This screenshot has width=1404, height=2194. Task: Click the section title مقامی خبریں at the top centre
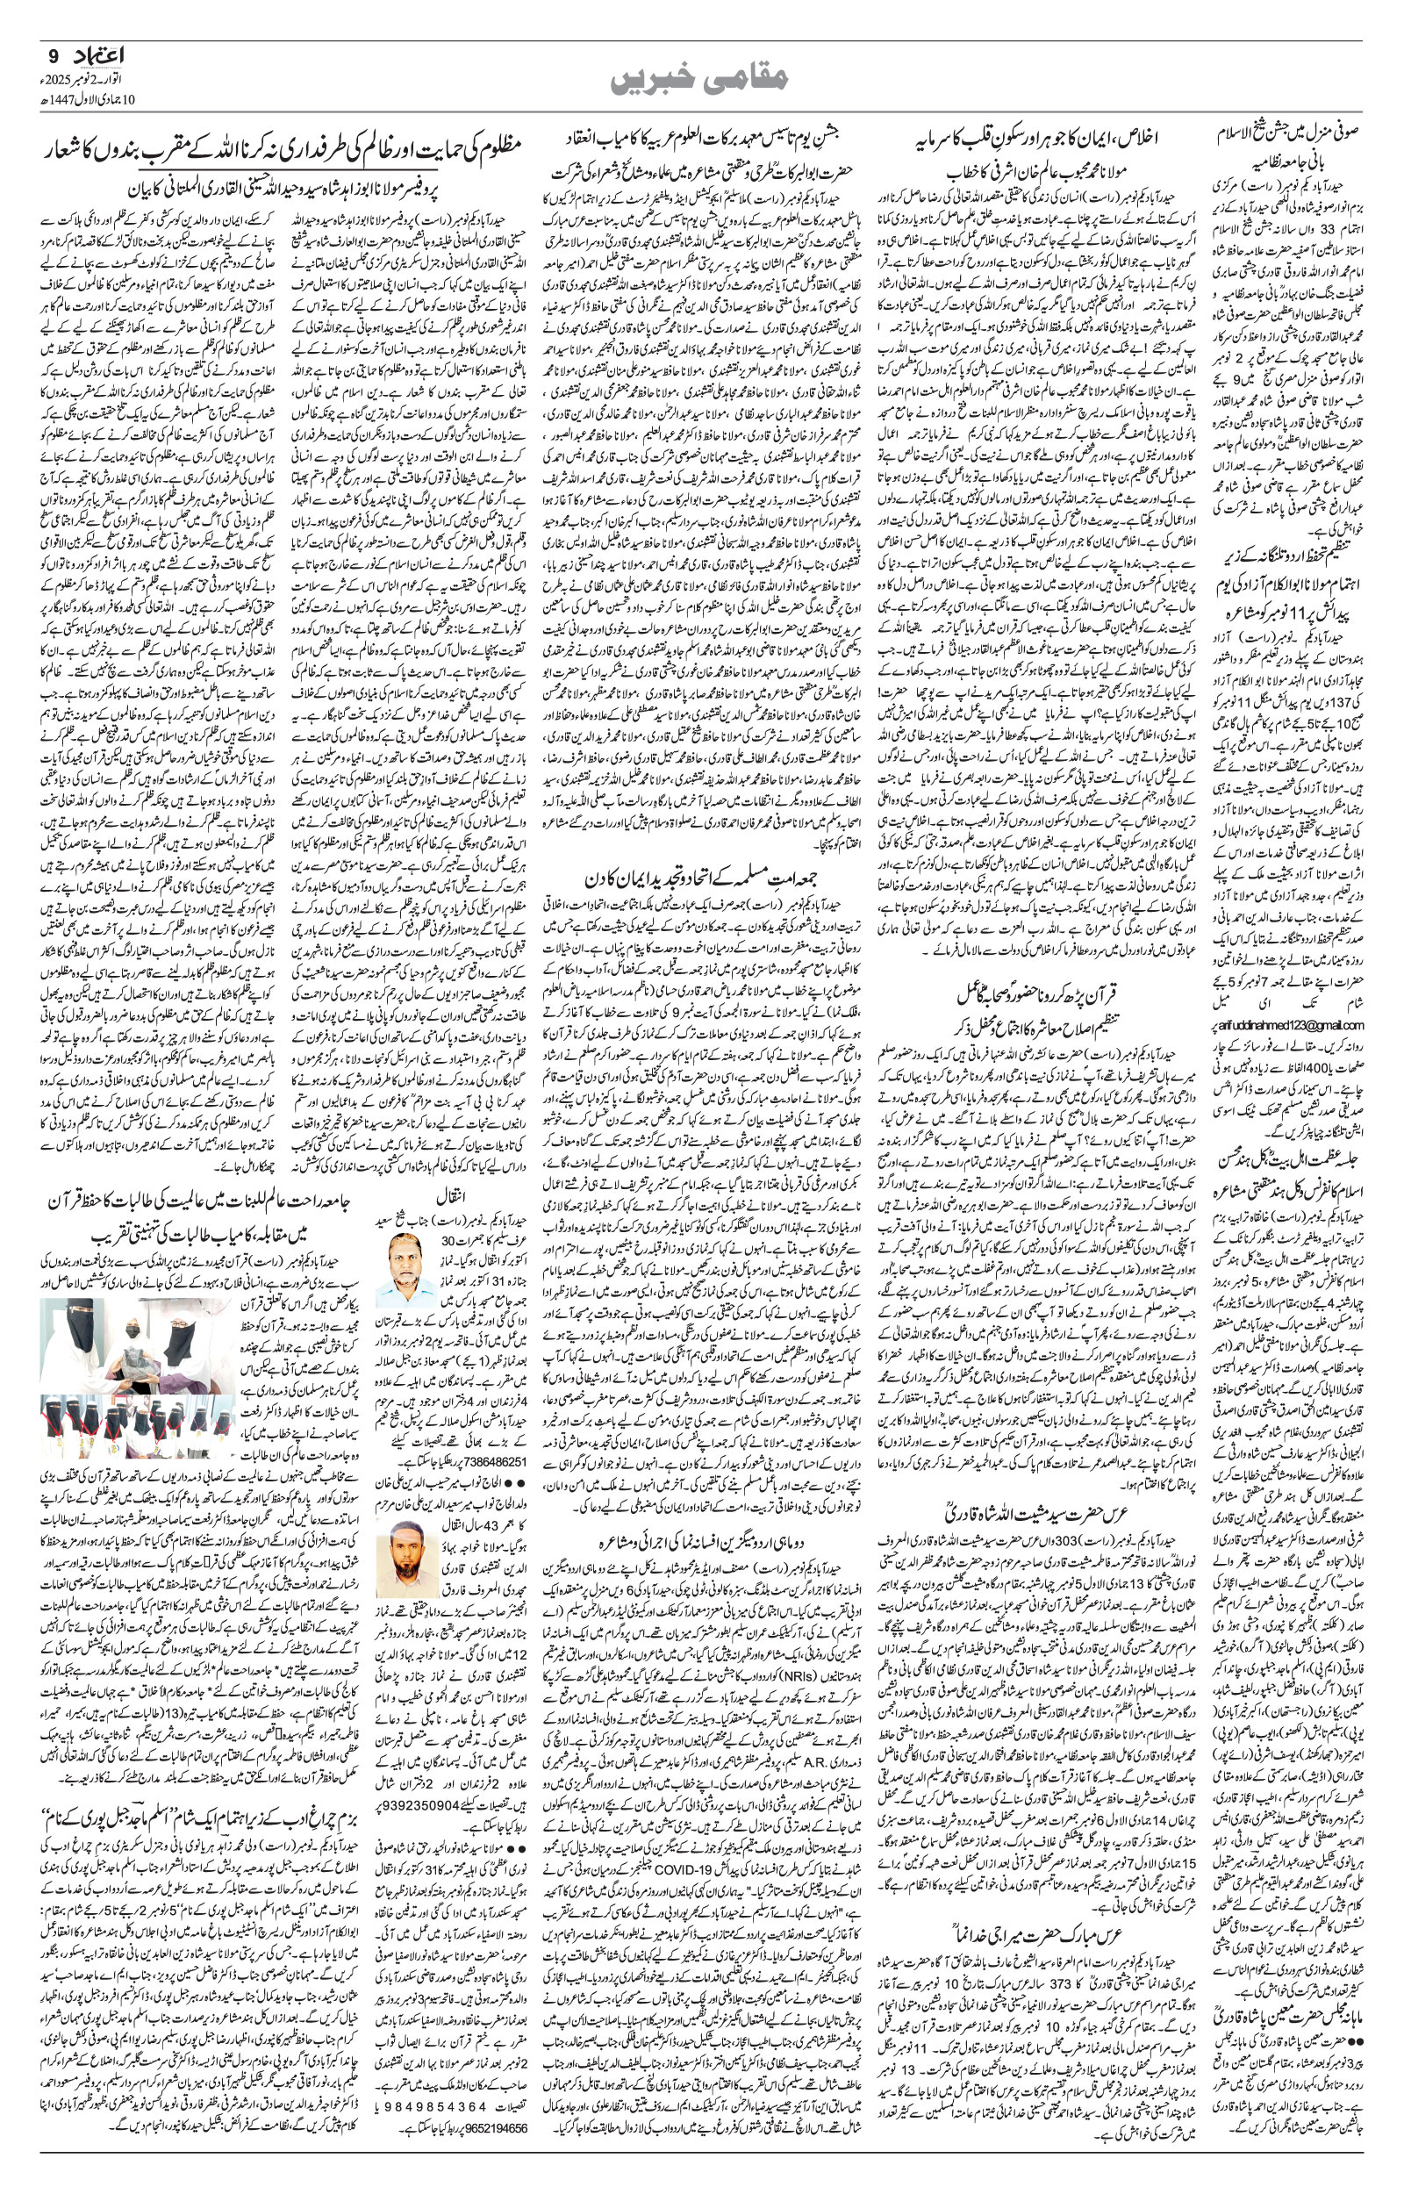(701, 79)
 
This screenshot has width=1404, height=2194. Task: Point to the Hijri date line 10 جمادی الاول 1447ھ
(84, 97)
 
